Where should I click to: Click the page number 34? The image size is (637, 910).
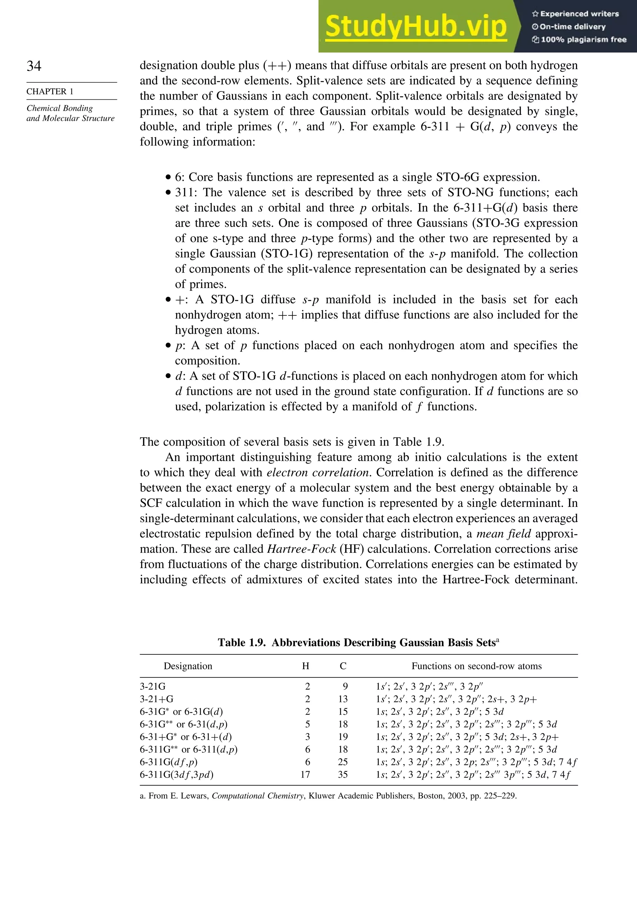click(x=34, y=66)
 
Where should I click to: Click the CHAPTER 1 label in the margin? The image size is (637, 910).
click(x=50, y=91)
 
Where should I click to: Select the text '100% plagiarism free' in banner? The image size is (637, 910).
click(x=583, y=39)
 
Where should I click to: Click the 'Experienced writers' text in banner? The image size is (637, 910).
click(x=579, y=14)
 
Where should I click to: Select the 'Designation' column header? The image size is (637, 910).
click(x=188, y=666)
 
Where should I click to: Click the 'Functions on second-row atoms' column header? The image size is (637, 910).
click(x=477, y=666)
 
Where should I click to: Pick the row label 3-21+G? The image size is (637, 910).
click(x=156, y=699)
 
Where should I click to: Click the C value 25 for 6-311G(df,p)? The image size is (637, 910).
click(x=343, y=762)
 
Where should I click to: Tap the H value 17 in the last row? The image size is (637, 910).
click(x=305, y=774)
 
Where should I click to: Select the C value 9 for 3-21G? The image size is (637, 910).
click(x=345, y=686)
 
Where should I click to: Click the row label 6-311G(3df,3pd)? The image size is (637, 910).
click(x=177, y=775)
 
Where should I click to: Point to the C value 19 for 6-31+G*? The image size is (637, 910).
click(x=343, y=737)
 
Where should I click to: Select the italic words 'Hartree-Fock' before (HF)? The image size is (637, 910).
click(x=301, y=549)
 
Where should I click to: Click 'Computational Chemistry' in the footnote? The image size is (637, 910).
click(x=258, y=796)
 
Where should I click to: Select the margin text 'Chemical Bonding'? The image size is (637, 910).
click(x=59, y=108)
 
